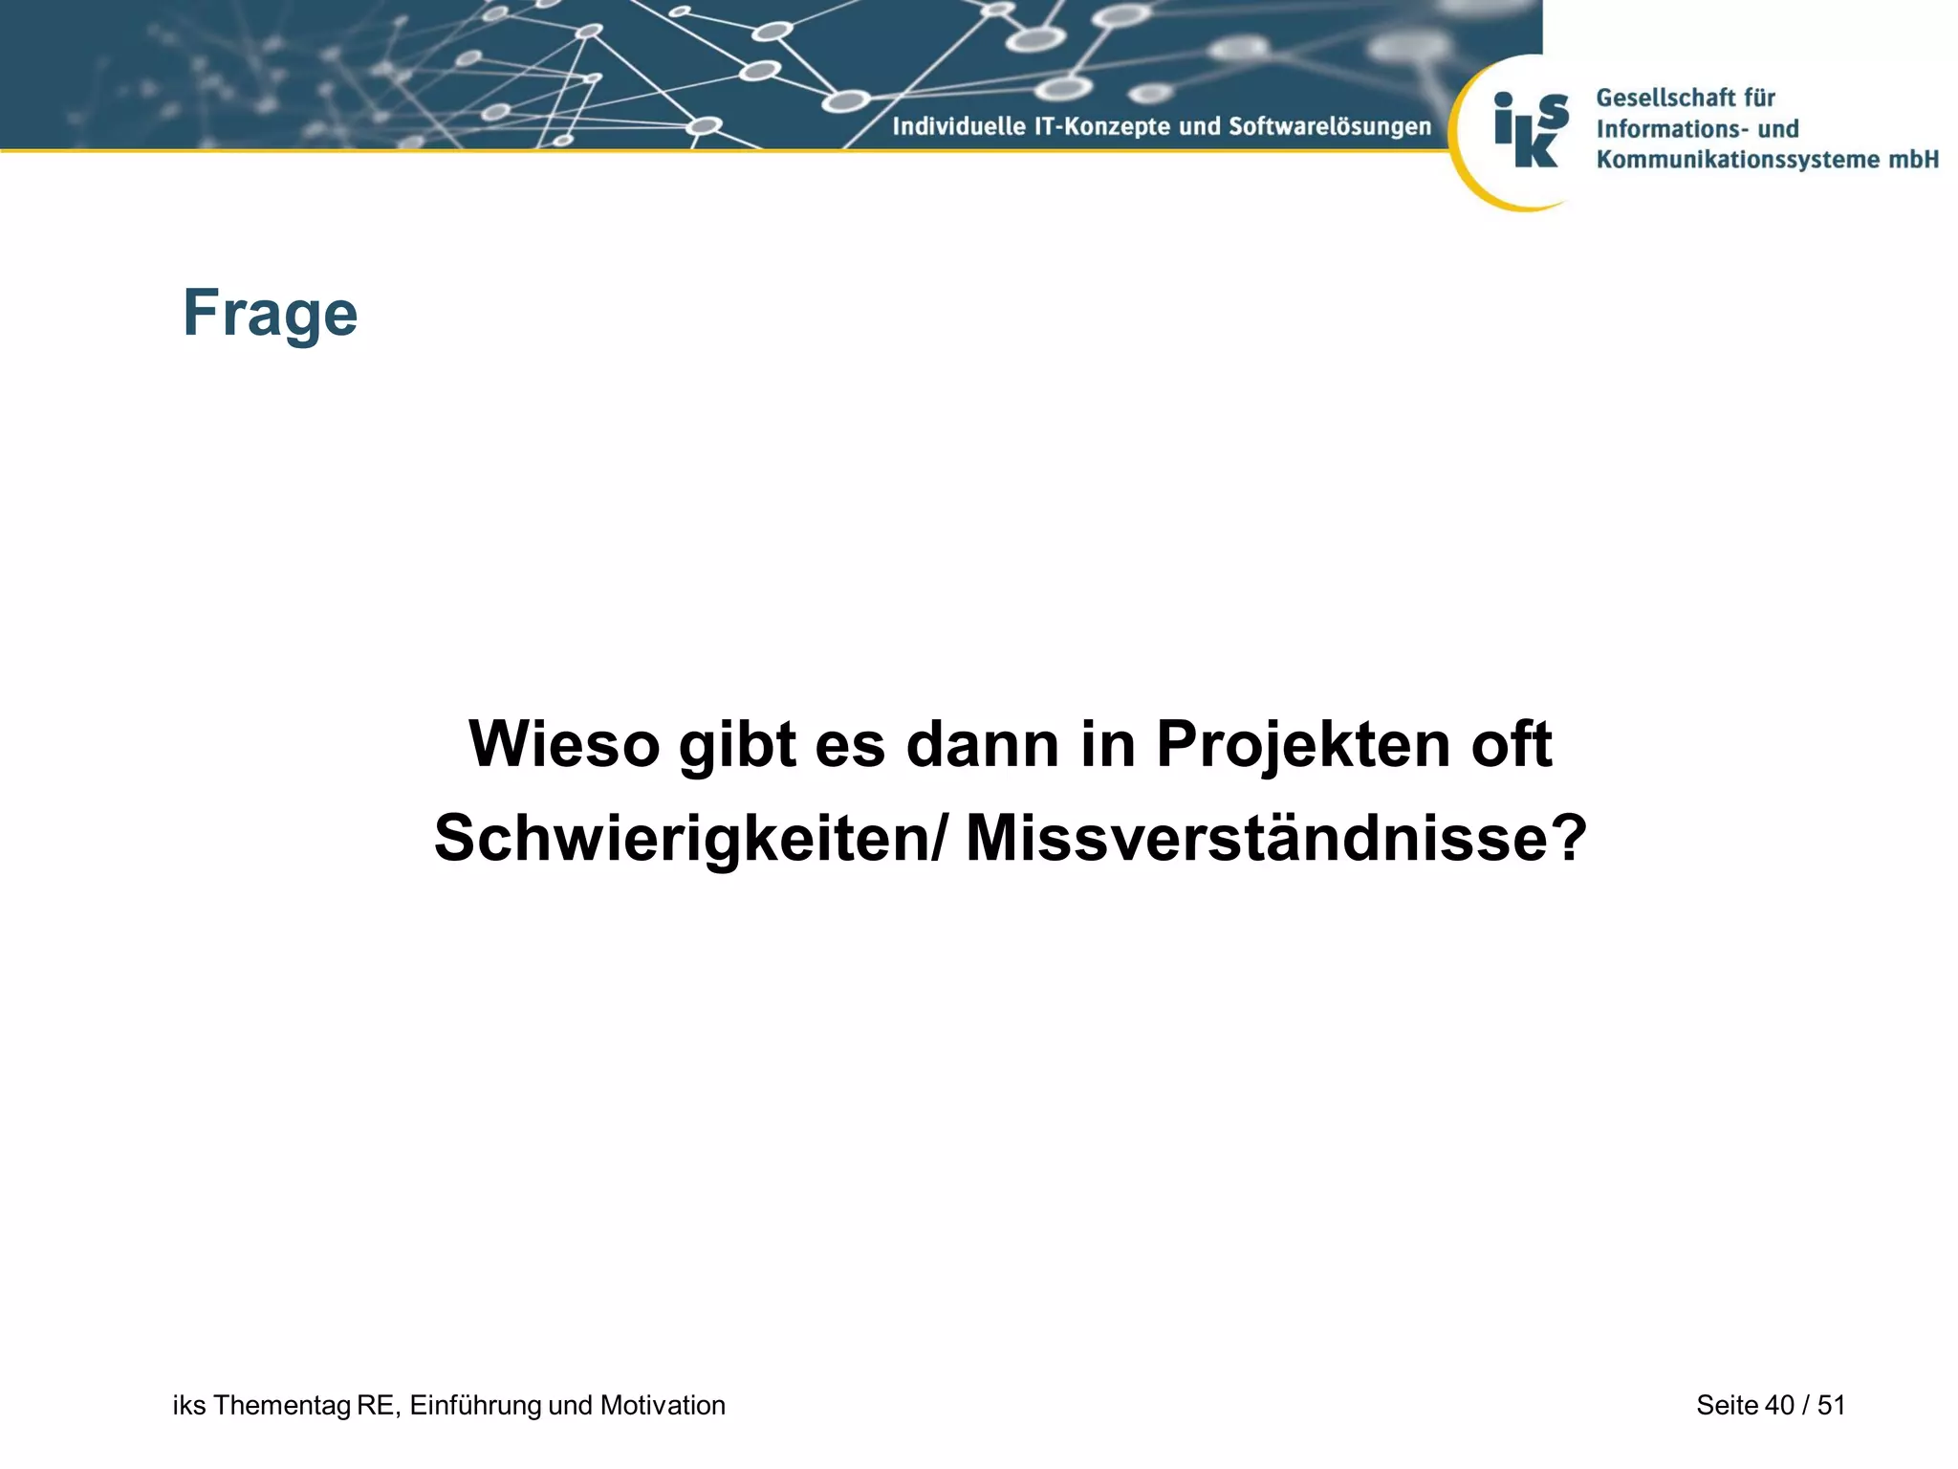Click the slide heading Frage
270,314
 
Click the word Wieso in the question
564,744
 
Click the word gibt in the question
737,746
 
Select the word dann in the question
982,744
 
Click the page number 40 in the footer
1779,1405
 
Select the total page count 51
1831,1405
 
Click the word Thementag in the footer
281,1405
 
